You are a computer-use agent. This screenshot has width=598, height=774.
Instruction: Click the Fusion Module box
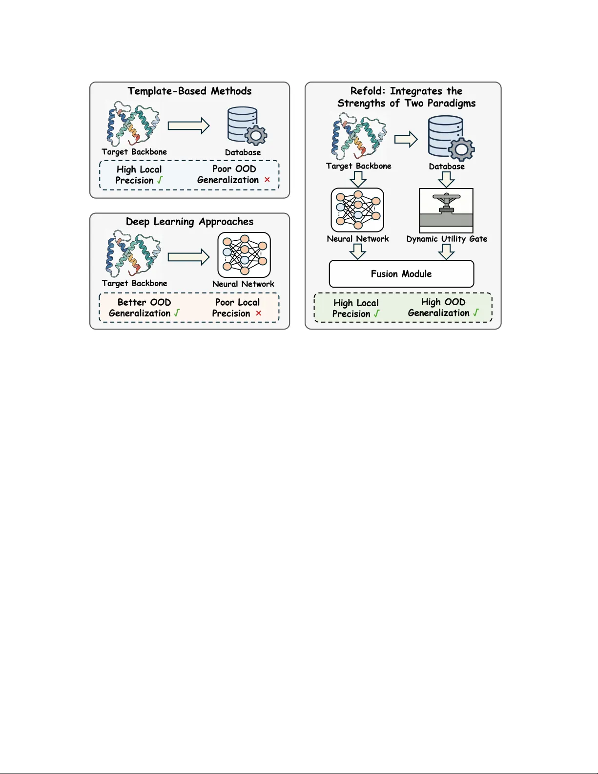(401, 274)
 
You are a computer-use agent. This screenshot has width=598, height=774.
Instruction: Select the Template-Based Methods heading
(189, 91)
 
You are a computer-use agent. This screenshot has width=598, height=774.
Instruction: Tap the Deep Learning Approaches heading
(189, 222)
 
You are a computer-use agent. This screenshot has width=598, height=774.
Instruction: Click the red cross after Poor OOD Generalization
(267, 180)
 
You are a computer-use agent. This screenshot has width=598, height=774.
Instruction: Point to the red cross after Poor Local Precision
(258, 313)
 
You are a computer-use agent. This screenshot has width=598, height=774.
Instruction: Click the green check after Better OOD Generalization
(177, 313)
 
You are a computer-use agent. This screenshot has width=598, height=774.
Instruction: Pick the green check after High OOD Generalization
(476, 313)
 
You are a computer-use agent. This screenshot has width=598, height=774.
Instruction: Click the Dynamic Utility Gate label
(447, 239)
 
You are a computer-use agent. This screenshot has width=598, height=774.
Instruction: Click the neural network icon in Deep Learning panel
(244, 255)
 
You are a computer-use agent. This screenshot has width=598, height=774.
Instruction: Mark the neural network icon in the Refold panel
(357, 210)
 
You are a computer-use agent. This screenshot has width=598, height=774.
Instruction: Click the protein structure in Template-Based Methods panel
(133, 124)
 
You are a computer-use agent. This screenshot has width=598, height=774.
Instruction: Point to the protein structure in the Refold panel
(358, 136)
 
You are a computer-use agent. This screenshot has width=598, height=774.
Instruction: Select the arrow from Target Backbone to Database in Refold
(406, 140)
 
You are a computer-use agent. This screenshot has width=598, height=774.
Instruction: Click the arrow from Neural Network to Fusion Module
(358, 251)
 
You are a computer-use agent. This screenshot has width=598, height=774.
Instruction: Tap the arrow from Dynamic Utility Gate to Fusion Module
(446, 251)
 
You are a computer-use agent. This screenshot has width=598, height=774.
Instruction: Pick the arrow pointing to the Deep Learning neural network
(188, 257)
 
